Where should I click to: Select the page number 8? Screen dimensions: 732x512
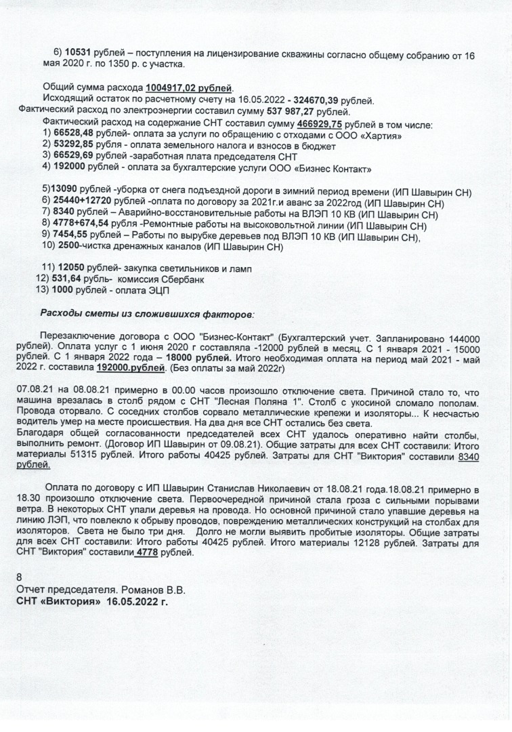(x=20, y=577)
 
